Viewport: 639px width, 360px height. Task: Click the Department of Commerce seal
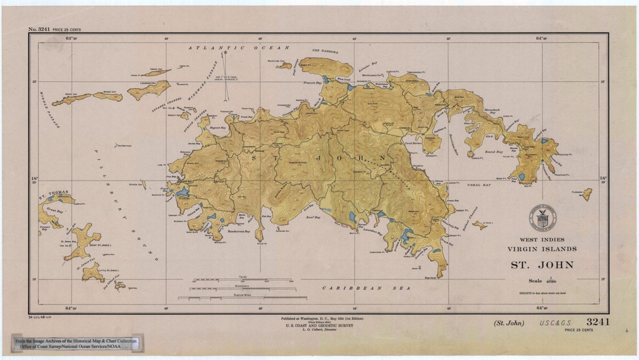pyautogui.click(x=543, y=218)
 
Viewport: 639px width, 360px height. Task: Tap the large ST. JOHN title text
pyautogui.click(x=542, y=265)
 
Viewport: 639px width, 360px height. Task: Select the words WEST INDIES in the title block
pyautogui.click(x=541, y=240)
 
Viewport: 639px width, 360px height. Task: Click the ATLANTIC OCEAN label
pyautogui.click(x=239, y=47)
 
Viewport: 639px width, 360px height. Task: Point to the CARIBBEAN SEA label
pyautogui.click(x=356, y=287)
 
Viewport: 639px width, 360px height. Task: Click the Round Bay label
pyautogui.click(x=494, y=152)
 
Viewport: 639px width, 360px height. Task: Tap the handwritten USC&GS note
pyautogui.click(x=555, y=323)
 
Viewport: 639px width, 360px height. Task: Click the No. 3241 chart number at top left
pyautogui.click(x=40, y=29)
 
